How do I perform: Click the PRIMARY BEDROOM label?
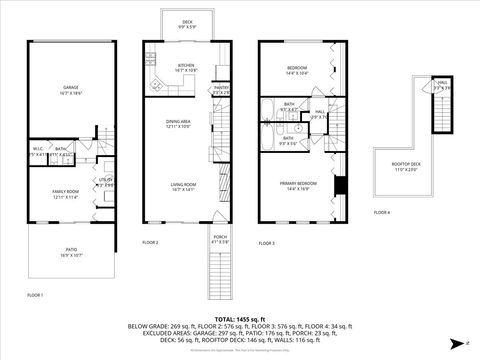tap(300, 185)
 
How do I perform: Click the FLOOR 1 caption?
tap(35, 296)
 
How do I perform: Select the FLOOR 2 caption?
tap(150, 243)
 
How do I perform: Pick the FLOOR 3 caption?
tap(267, 243)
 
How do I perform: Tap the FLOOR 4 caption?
tap(382, 212)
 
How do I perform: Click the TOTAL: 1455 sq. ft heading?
tap(240, 318)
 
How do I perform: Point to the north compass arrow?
tap(455, 343)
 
